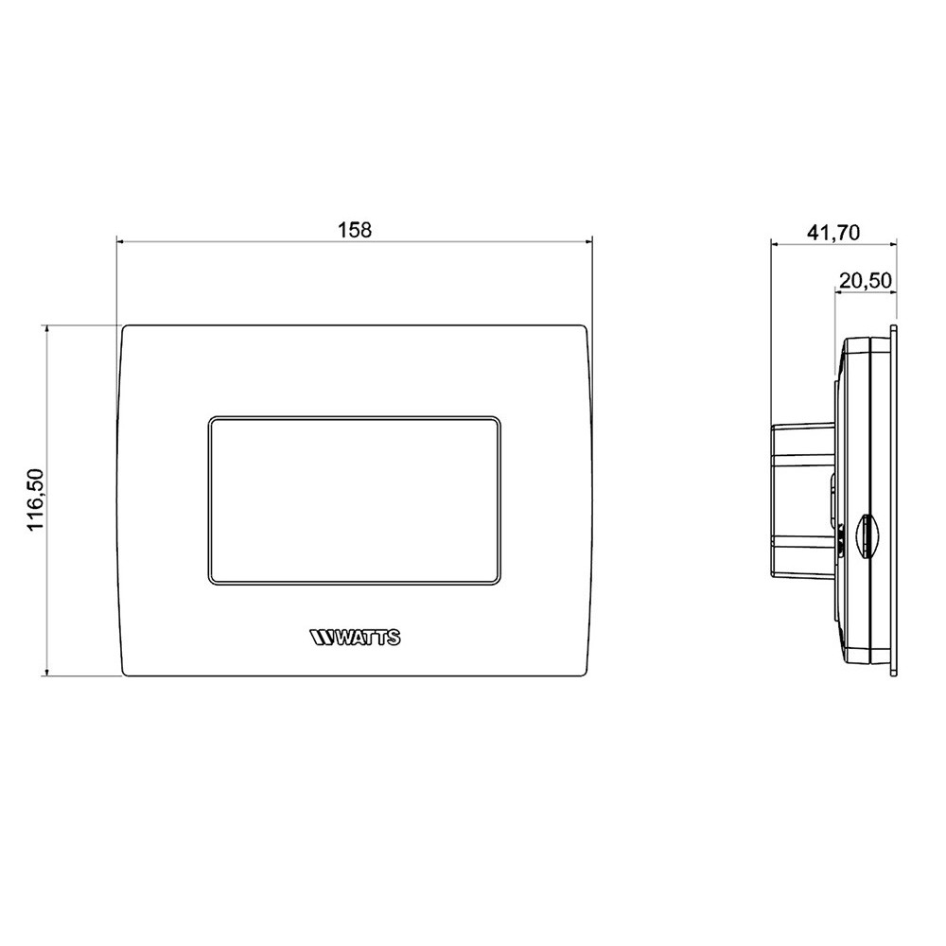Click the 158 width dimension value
pyautogui.click(x=353, y=230)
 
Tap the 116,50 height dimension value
pyautogui.click(x=37, y=500)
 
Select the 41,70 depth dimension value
pyautogui.click(x=833, y=233)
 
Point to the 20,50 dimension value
pyautogui.click(x=865, y=280)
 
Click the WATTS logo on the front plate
pyautogui.click(x=355, y=639)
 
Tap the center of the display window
pyautogui.click(x=355, y=499)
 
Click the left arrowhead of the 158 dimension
pyautogui.click(x=120, y=243)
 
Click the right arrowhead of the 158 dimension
pyautogui.click(x=587, y=243)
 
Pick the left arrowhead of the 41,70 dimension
pyautogui.click(x=776, y=244)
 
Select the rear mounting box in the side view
pyautogui.click(x=802, y=499)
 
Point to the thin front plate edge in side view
pyautogui.click(x=894, y=499)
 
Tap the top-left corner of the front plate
pyautogui.click(x=124, y=327)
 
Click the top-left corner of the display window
pyautogui.click(x=210, y=417)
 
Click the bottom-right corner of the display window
pyautogui.click(x=499, y=581)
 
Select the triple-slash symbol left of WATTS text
pyautogui.click(x=322, y=639)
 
